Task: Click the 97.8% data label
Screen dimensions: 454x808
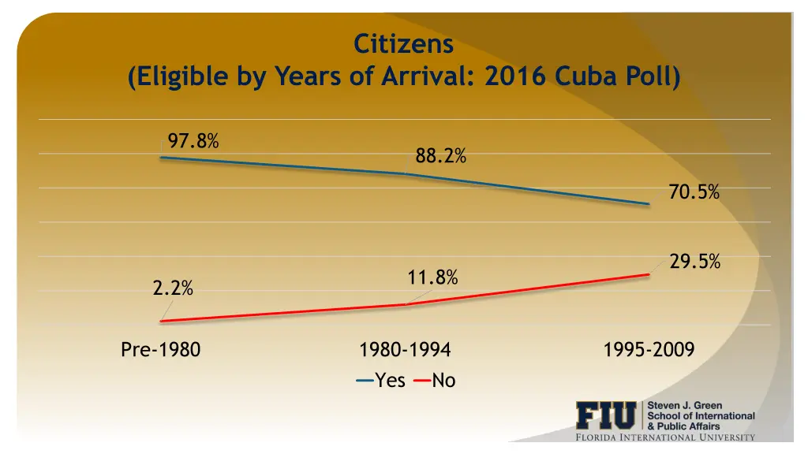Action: [193, 141]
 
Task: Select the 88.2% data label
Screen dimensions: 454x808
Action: [440, 157]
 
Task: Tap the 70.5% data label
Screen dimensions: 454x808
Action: [694, 192]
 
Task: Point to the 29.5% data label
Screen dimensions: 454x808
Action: [694, 262]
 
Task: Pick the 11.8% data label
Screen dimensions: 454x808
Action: [432, 277]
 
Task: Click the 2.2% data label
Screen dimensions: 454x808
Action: [173, 288]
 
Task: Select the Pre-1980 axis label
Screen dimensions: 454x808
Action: [161, 350]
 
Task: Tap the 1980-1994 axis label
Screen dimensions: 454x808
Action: [405, 350]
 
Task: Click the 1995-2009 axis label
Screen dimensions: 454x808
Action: [649, 350]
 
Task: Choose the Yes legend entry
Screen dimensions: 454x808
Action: [382, 381]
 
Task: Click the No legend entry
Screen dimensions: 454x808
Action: [435, 381]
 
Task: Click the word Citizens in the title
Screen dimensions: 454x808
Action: [403, 43]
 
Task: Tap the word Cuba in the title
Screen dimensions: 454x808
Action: [587, 77]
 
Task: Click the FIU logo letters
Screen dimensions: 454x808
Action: [606, 415]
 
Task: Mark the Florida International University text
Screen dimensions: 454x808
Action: [664, 437]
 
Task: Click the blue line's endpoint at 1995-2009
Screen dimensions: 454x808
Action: [649, 204]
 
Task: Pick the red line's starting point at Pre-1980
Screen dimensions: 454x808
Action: [161, 321]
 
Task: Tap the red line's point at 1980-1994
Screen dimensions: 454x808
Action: [405, 304]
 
